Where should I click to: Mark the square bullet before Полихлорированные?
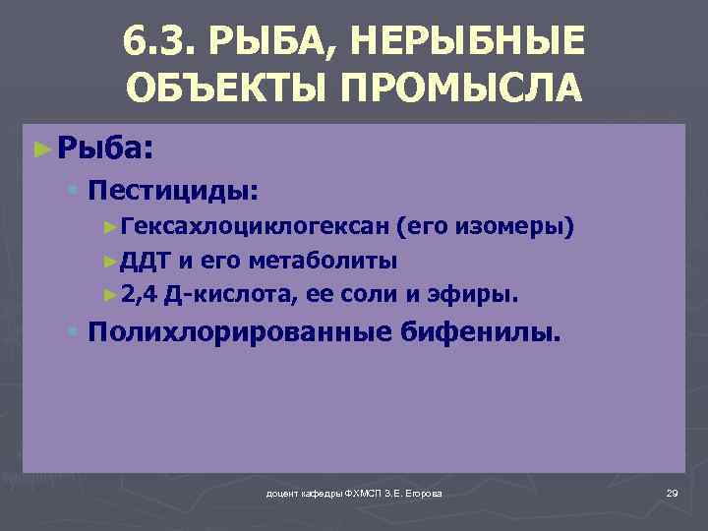coord(74,331)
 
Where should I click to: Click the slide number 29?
coord(672,492)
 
